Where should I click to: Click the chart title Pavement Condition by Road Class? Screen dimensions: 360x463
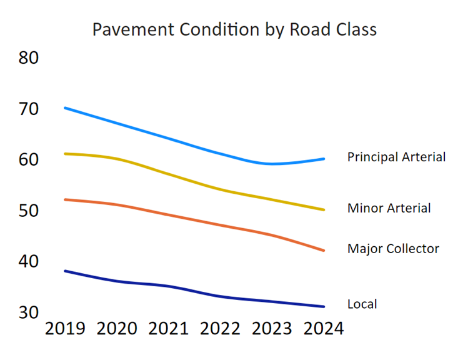tap(234, 29)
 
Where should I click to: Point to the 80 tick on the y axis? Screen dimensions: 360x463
tap(29, 58)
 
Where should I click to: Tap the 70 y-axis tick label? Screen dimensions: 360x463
tap(29, 109)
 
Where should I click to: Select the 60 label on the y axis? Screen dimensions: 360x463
tap(29, 159)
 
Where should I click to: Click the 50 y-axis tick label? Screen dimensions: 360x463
tap(29, 211)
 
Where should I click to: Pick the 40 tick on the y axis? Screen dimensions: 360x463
tap(29, 261)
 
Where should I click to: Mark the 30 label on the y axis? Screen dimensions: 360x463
tap(29, 312)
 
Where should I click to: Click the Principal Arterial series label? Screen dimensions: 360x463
tap(396, 157)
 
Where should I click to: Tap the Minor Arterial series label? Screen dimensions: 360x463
tap(389, 208)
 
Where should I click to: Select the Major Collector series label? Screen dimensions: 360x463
tap(393, 249)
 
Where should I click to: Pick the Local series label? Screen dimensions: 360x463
tap(362, 304)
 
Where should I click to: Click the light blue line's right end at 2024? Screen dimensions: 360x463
tap(324, 159)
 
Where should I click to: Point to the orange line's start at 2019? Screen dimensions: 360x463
tap(66, 199)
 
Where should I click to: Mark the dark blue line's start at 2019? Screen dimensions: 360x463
tap(66, 271)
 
